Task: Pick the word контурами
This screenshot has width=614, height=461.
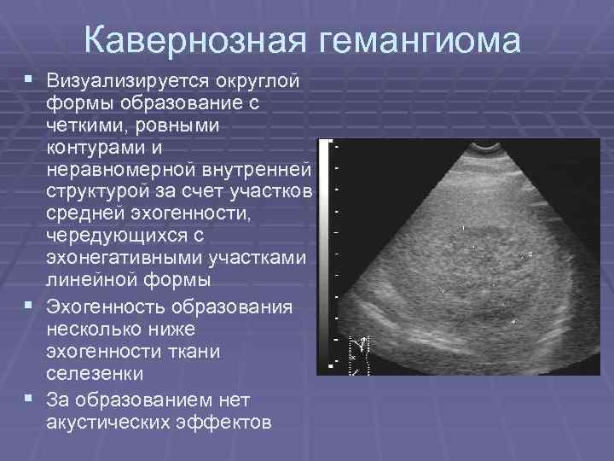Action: coord(97,147)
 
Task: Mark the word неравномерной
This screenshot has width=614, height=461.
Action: coord(123,169)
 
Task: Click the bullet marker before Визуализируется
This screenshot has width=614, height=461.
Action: coord(31,79)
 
